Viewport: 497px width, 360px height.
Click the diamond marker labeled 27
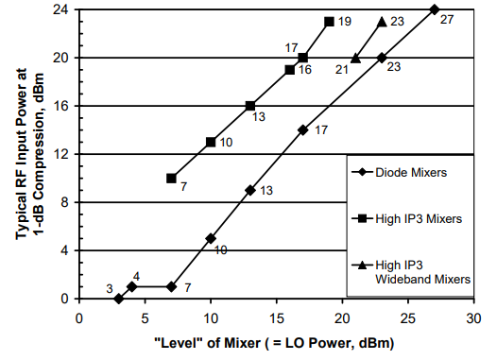434,9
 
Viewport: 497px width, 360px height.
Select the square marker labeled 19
329,21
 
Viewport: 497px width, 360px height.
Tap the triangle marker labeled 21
355,58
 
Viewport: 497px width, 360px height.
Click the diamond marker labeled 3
119,299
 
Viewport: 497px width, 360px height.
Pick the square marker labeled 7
171,178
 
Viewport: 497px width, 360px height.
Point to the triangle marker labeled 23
382,21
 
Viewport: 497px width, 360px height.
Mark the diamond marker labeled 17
302,129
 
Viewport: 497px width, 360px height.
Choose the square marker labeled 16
289,70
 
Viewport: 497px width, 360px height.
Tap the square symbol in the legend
363,218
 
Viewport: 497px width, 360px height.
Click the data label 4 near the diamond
136,275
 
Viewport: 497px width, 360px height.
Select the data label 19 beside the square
345,21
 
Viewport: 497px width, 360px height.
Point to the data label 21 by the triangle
340,70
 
